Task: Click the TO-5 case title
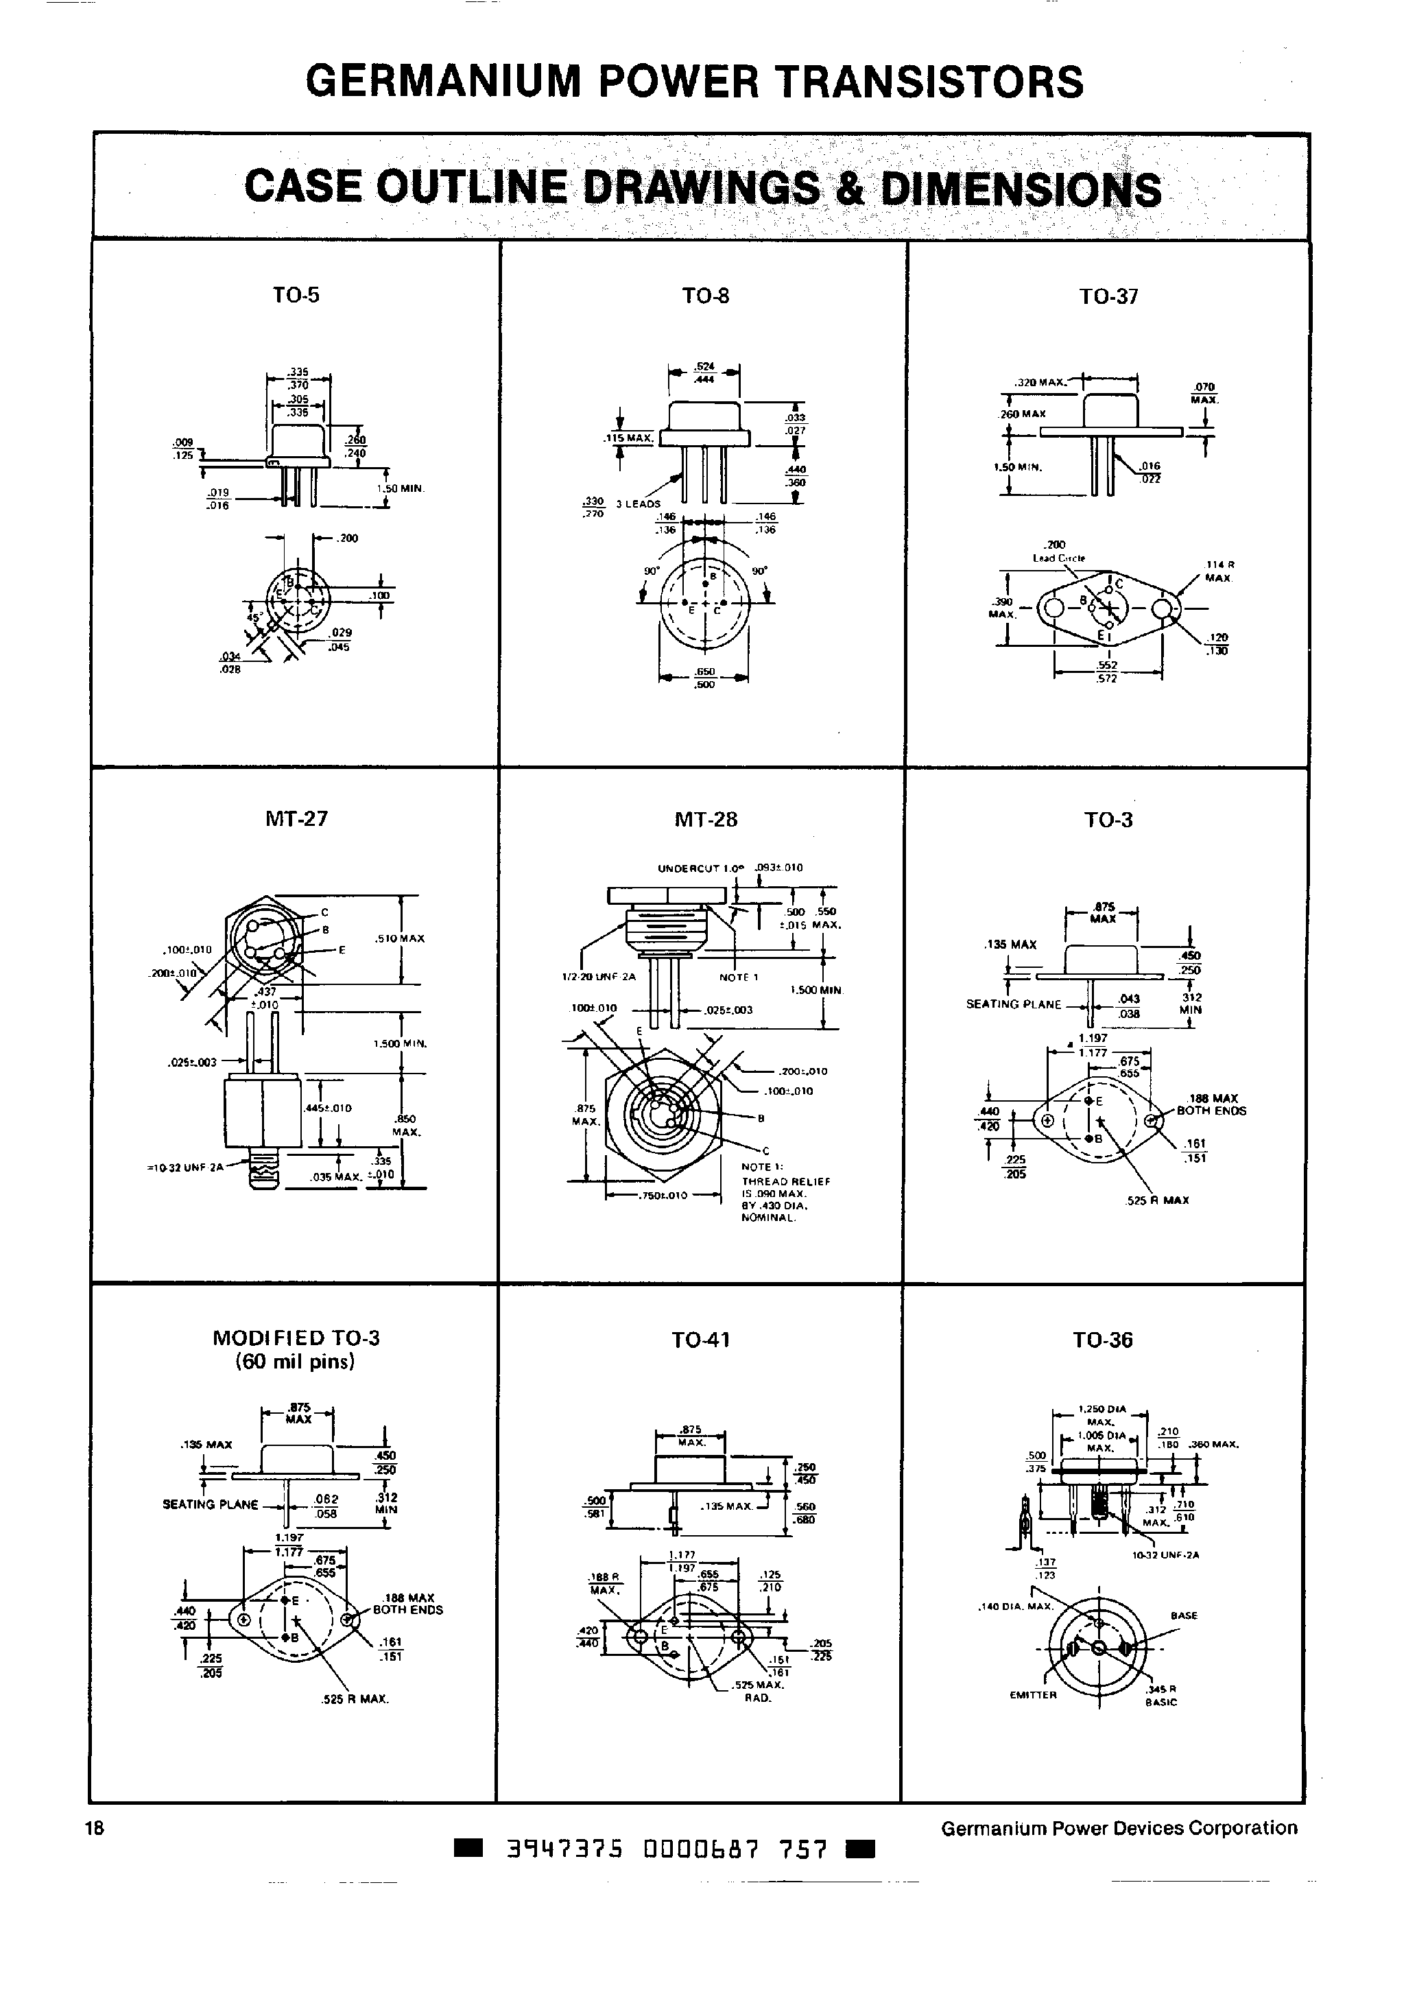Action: pos(296,295)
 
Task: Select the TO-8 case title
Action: pos(705,296)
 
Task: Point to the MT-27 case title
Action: pos(296,818)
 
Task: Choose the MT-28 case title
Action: pos(705,819)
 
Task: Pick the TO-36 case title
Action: pos(1102,1340)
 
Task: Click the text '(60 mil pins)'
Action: pos(295,1362)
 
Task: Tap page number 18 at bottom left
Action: pos(94,1827)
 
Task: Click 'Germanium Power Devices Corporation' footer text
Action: pos(1119,1827)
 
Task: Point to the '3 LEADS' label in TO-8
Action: pos(638,504)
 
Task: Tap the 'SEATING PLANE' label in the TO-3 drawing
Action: pos(1013,1004)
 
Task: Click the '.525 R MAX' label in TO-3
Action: pos(1158,1200)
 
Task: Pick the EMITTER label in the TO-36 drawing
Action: pos(1032,1695)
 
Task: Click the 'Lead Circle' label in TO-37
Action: pos(1058,558)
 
